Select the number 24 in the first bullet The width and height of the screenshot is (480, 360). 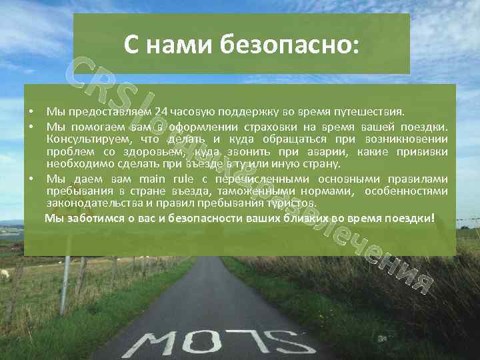click(161, 111)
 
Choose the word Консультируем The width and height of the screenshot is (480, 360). click(84, 139)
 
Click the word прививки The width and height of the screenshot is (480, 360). click(423, 151)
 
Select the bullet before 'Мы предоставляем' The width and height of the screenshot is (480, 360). click(31, 111)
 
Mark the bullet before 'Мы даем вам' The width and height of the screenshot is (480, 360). click(31, 178)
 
